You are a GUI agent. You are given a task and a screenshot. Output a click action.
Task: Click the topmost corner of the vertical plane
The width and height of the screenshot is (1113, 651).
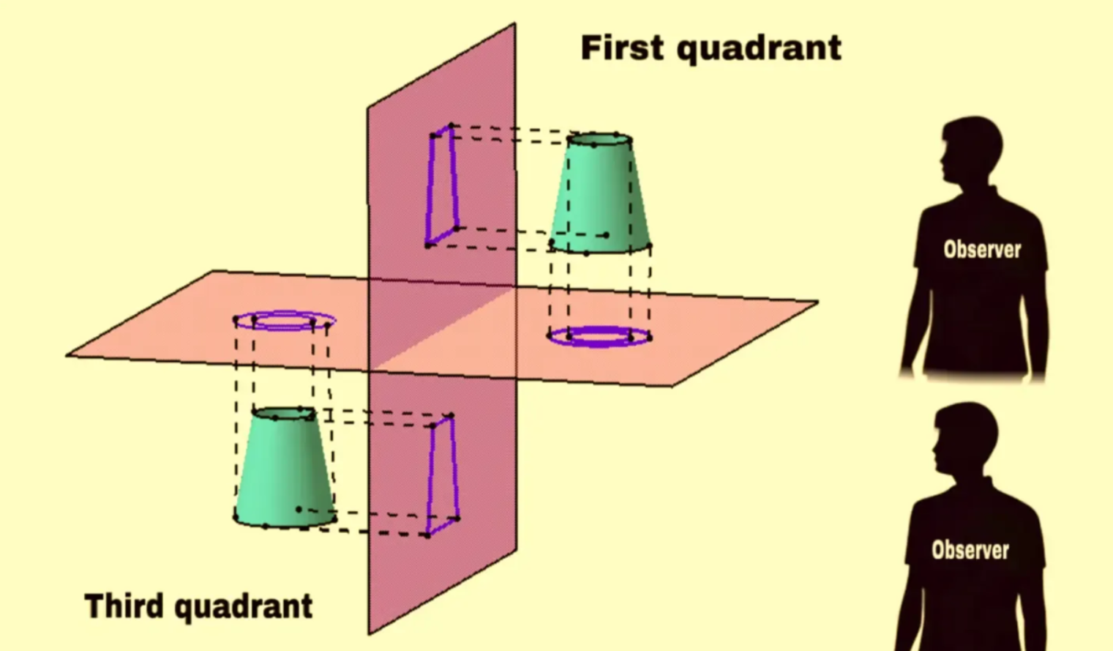click(x=514, y=23)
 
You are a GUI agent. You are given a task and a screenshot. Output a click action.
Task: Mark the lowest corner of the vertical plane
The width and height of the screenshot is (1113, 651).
click(x=369, y=635)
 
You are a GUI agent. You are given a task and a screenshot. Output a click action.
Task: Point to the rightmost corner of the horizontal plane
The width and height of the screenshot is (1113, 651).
click(x=818, y=302)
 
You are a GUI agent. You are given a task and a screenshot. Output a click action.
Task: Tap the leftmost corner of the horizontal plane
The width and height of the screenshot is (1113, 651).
click(x=66, y=355)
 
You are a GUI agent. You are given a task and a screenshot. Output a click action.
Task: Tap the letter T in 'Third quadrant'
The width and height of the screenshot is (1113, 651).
click(x=95, y=606)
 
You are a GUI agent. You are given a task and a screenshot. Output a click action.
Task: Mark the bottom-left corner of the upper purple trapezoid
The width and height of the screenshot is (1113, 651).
click(x=427, y=245)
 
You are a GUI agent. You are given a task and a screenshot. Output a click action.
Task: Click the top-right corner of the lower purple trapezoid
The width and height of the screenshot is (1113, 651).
click(x=451, y=416)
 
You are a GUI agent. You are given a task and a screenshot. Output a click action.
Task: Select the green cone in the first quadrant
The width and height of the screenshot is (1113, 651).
click(x=600, y=193)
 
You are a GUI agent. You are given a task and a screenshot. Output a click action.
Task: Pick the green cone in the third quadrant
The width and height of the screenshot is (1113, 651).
click(x=285, y=467)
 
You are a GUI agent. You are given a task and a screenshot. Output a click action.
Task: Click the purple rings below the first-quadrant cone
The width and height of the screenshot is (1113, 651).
click(x=600, y=336)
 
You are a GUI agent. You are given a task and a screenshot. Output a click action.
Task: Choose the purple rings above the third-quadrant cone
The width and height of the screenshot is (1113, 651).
click(x=285, y=321)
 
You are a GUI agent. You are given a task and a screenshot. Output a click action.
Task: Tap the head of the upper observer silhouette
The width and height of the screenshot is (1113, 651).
click(x=970, y=151)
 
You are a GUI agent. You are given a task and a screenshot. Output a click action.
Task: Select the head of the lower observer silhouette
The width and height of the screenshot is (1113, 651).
click(x=964, y=439)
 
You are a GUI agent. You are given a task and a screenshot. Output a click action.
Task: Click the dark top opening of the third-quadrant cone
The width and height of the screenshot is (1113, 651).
click(x=284, y=414)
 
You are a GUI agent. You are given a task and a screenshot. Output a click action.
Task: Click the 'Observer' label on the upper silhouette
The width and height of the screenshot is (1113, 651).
click(x=982, y=250)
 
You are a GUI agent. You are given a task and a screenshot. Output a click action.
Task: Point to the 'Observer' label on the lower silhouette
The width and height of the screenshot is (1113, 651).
click(x=970, y=550)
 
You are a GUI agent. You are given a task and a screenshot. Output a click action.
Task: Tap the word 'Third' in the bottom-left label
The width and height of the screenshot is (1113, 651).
click(x=124, y=606)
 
